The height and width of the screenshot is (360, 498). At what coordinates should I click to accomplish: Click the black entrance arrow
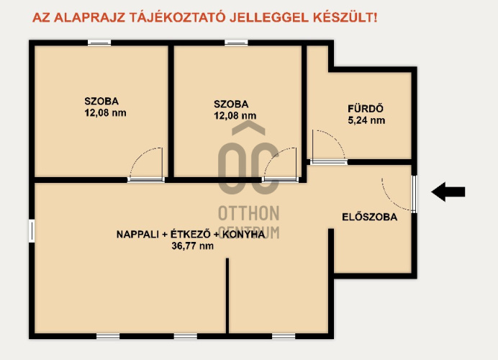click(448, 192)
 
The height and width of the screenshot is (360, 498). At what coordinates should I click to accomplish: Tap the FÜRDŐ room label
click(366, 109)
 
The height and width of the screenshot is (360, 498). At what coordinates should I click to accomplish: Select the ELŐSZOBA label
click(369, 217)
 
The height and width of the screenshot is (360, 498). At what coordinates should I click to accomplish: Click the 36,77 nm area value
click(192, 246)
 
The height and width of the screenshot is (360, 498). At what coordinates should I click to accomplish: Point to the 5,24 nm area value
click(366, 120)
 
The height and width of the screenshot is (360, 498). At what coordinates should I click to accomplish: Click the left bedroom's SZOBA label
click(101, 102)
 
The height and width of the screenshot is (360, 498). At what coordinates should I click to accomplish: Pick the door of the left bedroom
click(146, 165)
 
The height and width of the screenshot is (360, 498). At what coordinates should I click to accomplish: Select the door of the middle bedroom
click(281, 165)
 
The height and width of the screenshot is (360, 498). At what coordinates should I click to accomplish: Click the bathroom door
click(328, 147)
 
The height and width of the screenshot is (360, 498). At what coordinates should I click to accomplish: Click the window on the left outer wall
click(32, 230)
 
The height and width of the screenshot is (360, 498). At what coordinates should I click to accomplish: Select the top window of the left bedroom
click(99, 42)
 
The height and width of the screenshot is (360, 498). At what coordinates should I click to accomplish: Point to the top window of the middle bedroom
click(236, 42)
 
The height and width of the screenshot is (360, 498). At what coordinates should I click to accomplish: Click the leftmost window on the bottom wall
click(108, 336)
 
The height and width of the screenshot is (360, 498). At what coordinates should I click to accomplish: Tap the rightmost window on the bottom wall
click(284, 336)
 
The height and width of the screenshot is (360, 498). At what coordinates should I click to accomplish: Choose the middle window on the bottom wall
click(186, 336)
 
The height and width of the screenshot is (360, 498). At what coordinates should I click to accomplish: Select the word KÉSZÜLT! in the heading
click(345, 17)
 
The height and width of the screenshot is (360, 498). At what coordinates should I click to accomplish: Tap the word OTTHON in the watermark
click(249, 214)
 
